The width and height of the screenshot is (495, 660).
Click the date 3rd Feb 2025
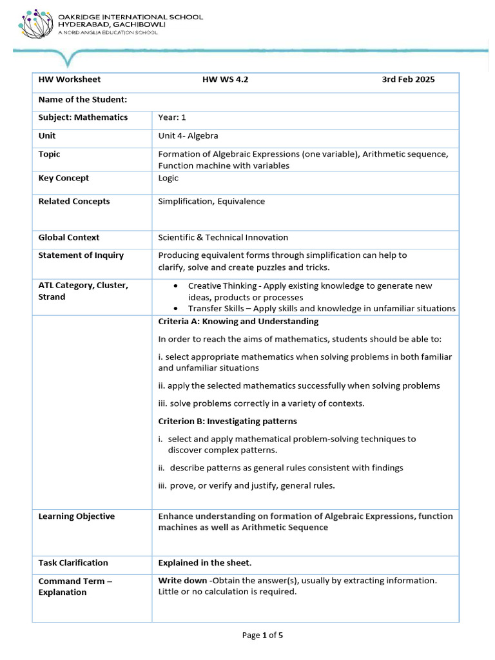pos(408,80)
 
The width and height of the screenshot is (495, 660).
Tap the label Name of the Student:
pos(82,99)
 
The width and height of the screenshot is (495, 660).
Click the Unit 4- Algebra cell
pos(188,136)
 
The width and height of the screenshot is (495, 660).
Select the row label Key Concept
pos(64,178)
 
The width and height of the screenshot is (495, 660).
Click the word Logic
pos(168,178)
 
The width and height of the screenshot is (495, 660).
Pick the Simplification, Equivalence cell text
pos(211,201)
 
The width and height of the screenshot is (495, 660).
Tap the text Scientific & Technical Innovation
pos(223,237)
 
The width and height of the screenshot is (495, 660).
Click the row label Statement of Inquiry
pos(81,255)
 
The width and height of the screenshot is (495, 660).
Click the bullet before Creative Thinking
pos(177,286)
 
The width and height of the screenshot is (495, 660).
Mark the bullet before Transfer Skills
pos(177,309)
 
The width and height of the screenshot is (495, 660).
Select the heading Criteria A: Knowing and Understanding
pos(238,322)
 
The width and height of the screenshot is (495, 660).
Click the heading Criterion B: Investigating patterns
pos(228,421)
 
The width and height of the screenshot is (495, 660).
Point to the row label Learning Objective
pos(77,516)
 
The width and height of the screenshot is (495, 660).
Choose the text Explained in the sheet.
pos(205,563)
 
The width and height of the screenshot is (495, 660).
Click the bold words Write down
pos(182,581)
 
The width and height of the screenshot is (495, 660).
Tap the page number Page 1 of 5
pos(262,635)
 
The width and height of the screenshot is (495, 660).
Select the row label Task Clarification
pos(73,563)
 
